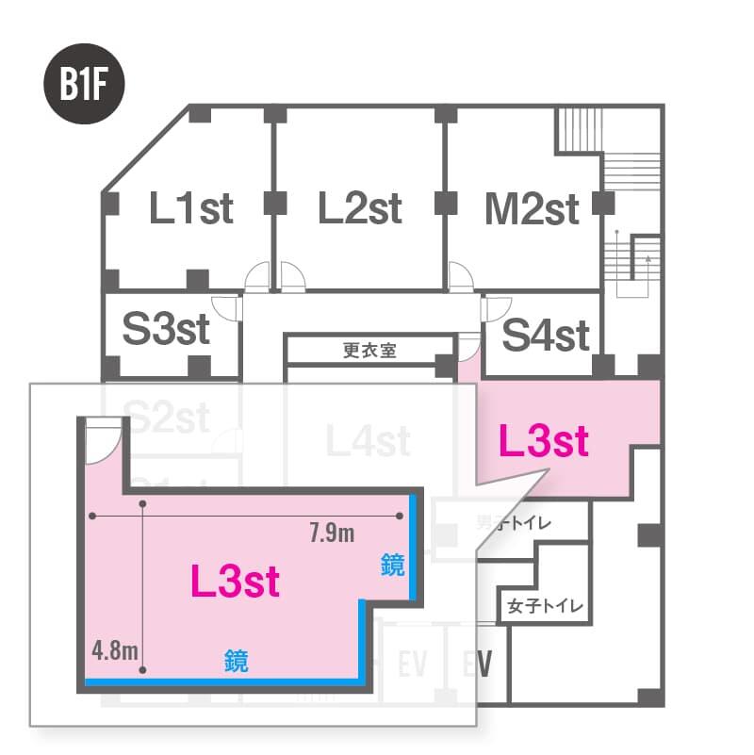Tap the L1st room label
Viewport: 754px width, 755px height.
click(x=191, y=207)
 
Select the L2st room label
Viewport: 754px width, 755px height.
click(x=360, y=207)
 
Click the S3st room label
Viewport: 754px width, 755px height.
click(x=166, y=331)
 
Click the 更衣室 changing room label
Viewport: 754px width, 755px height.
click(x=369, y=350)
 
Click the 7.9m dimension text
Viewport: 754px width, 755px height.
click(x=332, y=534)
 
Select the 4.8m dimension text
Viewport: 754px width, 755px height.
click(x=116, y=649)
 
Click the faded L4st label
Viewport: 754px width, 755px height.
click(x=367, y=439)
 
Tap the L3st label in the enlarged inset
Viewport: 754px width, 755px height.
click(x=235, y=582)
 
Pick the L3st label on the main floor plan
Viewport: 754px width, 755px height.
click(x=543, y=440)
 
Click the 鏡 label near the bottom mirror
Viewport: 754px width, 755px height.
click(x=237, y=661)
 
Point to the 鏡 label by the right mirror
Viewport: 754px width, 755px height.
click(x=393, y=566)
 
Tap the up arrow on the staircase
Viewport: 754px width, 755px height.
click(x=648, y=253)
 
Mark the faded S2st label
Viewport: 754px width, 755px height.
click(x=166, y=417)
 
